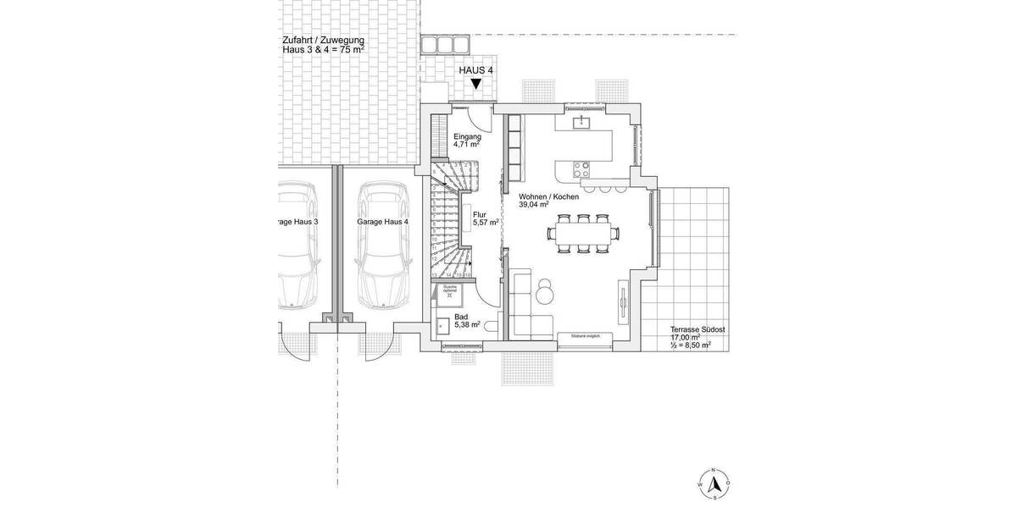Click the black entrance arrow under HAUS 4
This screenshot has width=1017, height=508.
pos(476,84)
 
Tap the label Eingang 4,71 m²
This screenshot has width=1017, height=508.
pos(467,141)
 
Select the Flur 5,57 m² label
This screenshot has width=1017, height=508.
pos(484,218)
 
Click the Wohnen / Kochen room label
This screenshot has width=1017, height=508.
pos(548,200)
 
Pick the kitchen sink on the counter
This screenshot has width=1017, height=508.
pos(583,124)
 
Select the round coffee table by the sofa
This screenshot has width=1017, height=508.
pos(543,291)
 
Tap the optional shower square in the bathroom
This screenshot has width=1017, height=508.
pos(448,293)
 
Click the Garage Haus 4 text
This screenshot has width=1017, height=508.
pos(382,222)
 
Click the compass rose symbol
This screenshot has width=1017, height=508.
pos(714,483)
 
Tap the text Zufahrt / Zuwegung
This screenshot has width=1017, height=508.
pos(324,40)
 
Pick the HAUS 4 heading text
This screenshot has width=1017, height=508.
pos(475,70)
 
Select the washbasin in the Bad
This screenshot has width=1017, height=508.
pos(442,324)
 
